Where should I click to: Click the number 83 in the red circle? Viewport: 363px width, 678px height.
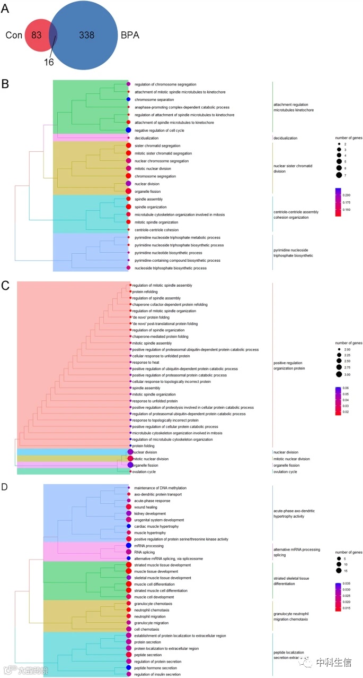tap(36, 36)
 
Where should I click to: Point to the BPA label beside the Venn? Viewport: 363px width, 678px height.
tap(130, 36)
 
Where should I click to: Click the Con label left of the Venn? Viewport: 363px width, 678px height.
tap(13, 36)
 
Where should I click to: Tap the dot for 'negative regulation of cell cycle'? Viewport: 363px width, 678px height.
tap(128, 130)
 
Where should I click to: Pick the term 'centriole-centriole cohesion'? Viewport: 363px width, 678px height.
tap(157, 230)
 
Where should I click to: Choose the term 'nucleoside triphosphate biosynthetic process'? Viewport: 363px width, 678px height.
tap(170, 268)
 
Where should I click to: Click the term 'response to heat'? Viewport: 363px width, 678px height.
tap(145, 362)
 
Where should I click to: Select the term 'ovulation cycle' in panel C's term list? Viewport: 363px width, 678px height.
tap(145, 471)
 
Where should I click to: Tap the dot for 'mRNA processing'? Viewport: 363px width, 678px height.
tap(128, 546)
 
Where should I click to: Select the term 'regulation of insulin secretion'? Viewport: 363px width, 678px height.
tap(157, 674)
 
